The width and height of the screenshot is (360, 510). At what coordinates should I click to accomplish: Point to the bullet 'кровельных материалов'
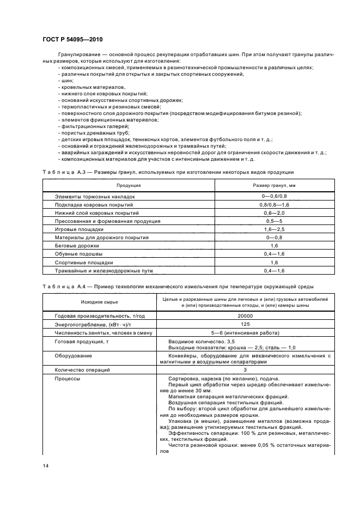pyautogui.click(x=90, y=87)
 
